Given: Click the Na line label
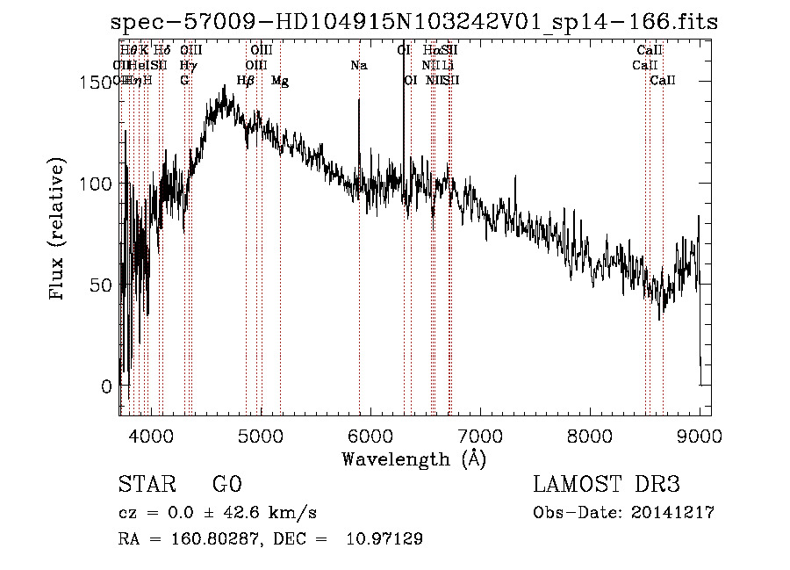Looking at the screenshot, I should pos(358,66).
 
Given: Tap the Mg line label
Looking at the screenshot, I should pos(280,81).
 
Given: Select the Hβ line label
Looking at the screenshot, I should pos(246,81).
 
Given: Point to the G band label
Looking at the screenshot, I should pos(184,81).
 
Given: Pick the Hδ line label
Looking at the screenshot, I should pos(162,51).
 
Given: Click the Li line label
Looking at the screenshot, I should pos(448,66).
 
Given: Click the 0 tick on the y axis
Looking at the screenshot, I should pos(106,386).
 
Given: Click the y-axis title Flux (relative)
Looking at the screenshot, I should pos(59,230).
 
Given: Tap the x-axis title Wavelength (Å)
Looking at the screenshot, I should pos(413,458).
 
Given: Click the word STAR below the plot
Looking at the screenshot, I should pos(145,485).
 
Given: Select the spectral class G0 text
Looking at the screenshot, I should pos(226,485).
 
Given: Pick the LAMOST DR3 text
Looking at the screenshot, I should pos(607,485).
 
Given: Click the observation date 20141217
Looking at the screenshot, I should pos(672,513).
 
